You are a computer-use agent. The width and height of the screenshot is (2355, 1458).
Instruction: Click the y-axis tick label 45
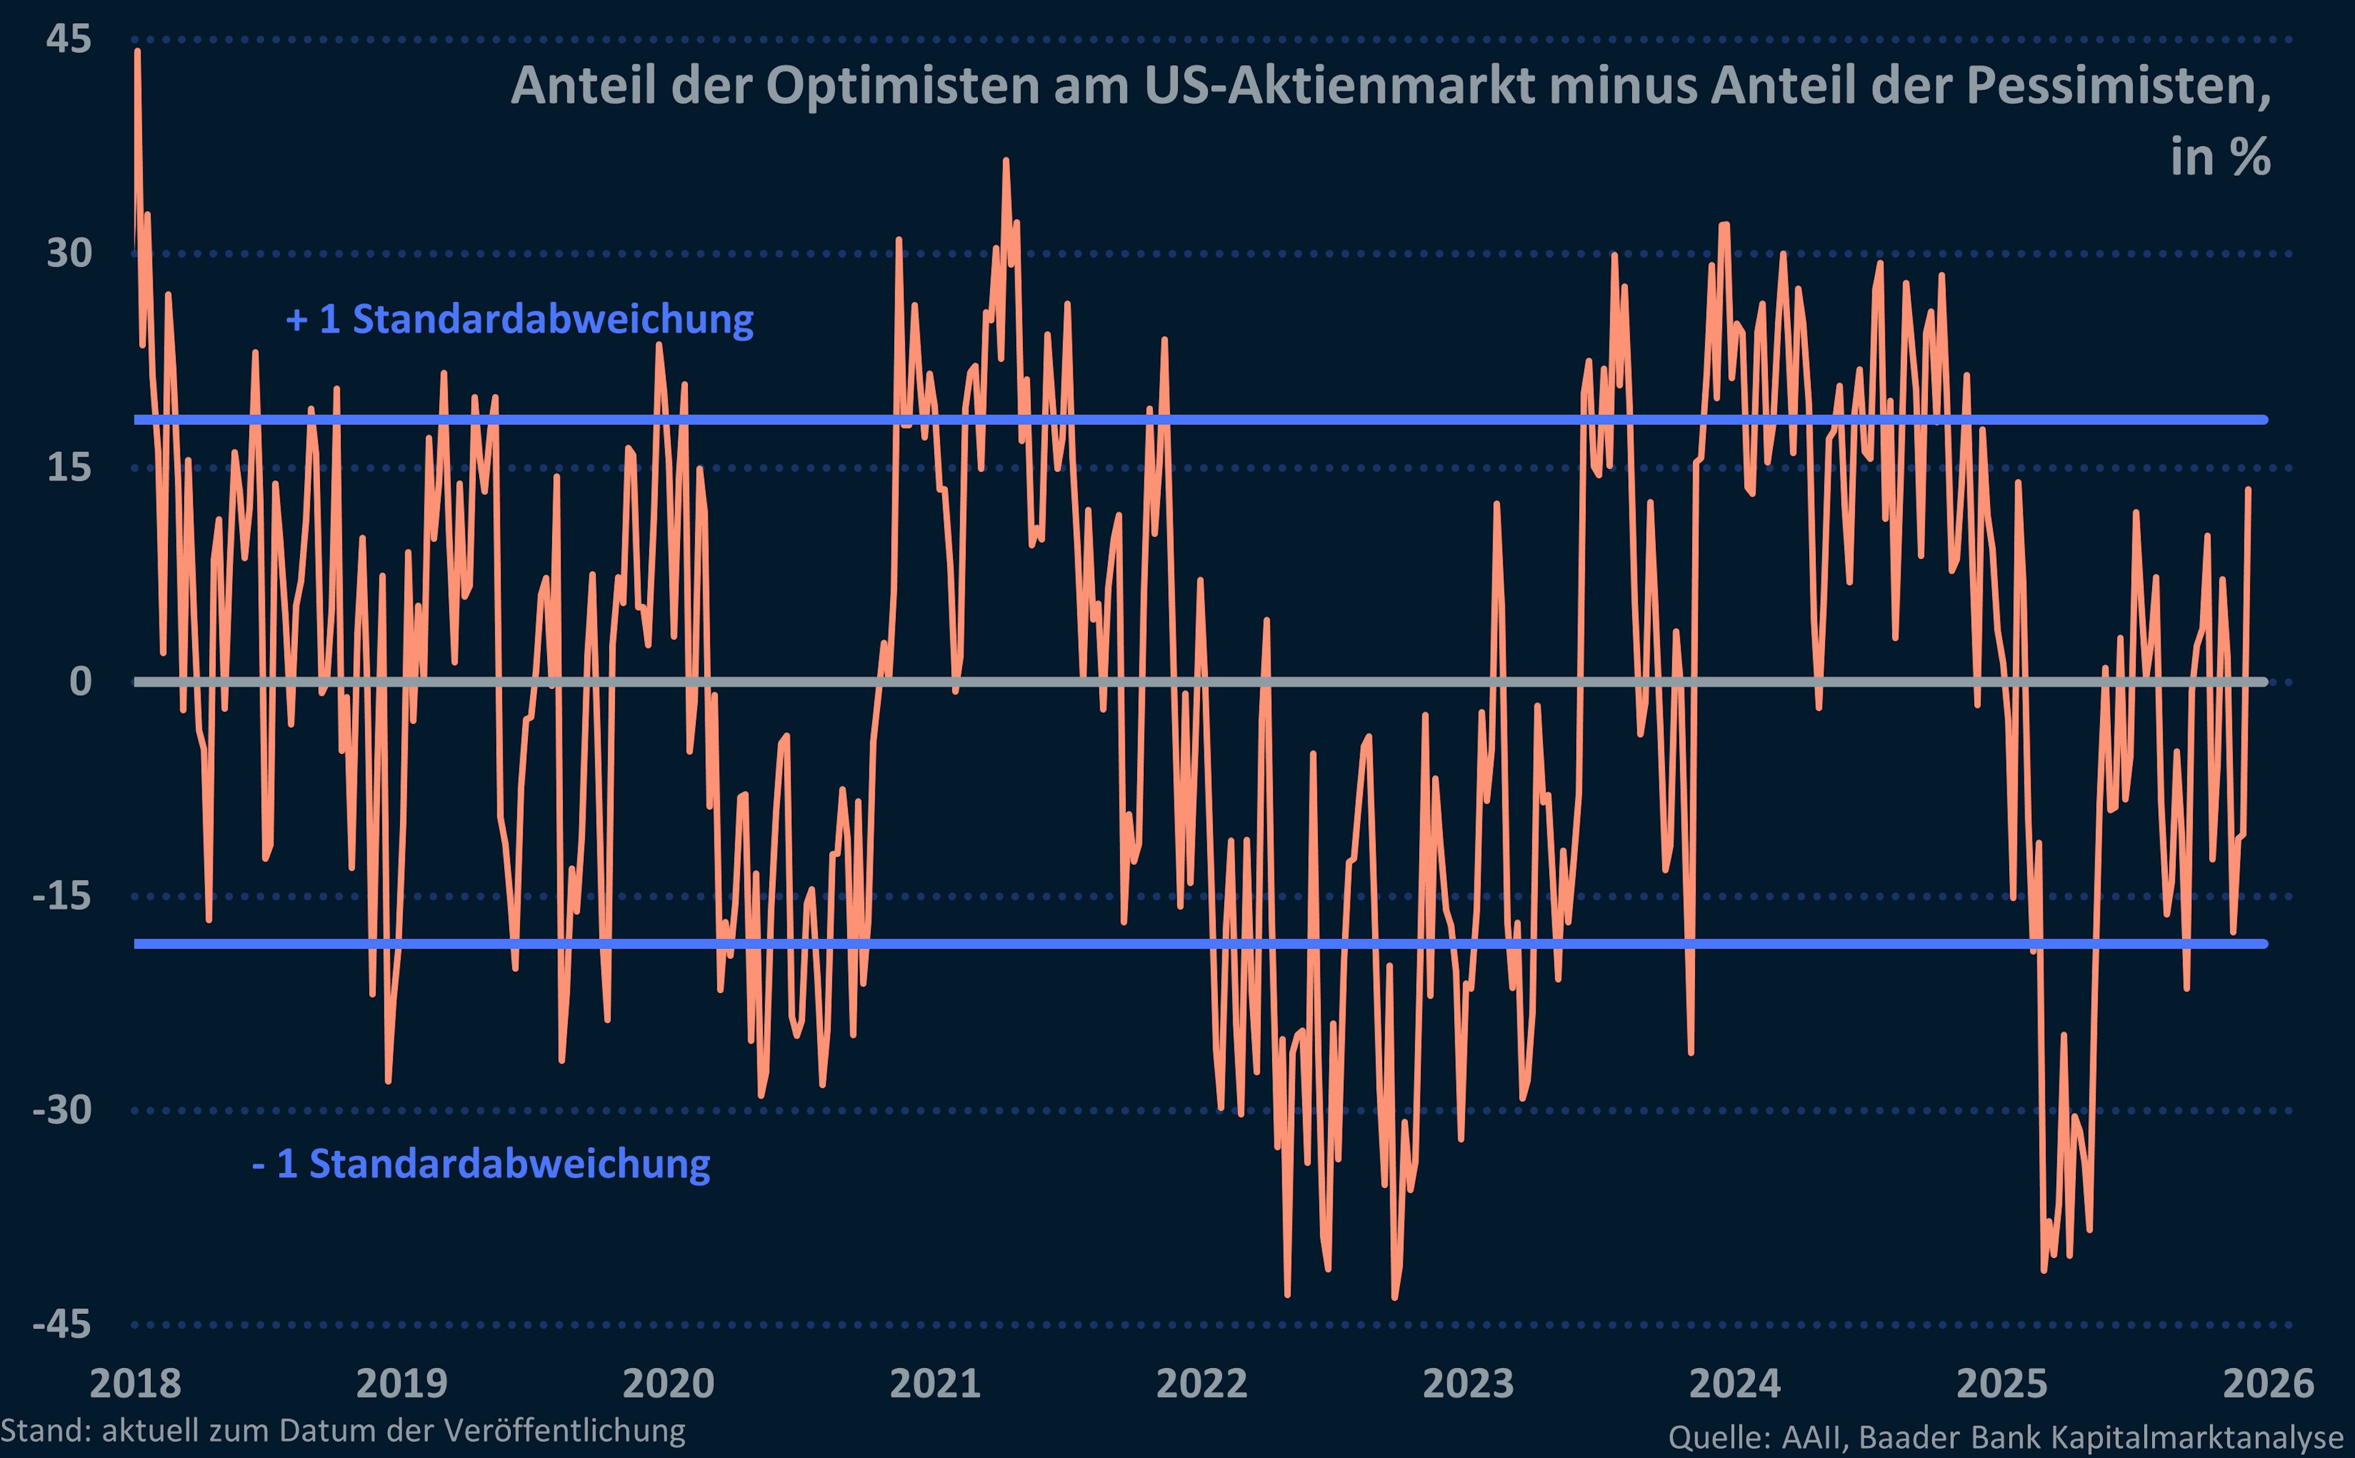point(69,39)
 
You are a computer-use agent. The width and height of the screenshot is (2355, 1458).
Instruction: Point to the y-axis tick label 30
point(69,254)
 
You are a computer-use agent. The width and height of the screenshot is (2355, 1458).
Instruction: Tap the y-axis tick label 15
point(69,468)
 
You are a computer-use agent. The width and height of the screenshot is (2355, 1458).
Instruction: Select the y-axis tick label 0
point(80,682)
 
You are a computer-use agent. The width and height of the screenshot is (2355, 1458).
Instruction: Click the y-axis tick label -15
point(62,896)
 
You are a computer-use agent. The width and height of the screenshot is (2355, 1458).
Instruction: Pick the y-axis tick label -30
point(62,1110)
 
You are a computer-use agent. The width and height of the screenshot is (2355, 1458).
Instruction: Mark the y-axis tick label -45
point(62,1324)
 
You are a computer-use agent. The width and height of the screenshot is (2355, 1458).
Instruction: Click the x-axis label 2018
point(135,1384)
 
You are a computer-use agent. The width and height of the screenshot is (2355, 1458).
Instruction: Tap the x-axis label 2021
point(935,1384)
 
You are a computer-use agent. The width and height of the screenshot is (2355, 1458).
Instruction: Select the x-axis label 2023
point(1468,1384)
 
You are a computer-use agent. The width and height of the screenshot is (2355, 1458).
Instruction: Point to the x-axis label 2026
point(2268,1384)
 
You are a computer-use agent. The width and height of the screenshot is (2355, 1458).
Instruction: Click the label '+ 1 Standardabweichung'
point(520,319)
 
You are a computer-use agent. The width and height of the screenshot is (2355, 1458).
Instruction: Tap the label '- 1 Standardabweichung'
point(481,1164)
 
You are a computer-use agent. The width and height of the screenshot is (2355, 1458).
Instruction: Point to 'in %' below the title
point(2220,157)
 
